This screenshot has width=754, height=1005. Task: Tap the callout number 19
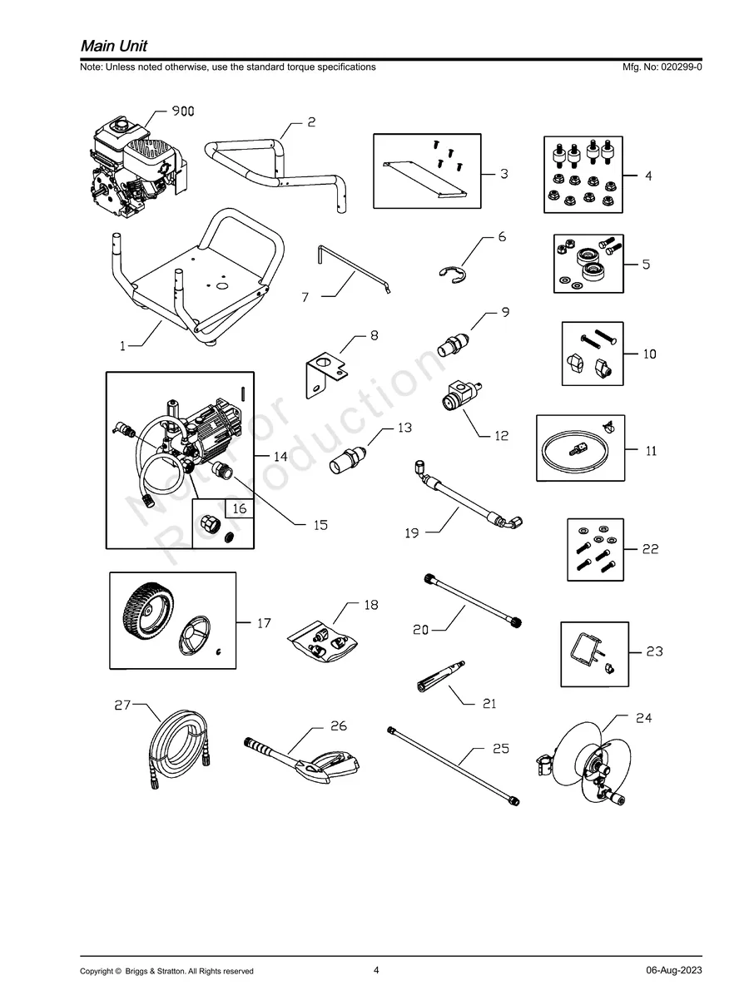pyautogui.click(x=412, y=533)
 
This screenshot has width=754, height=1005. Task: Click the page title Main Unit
pyautogui.click(x=114, y=46)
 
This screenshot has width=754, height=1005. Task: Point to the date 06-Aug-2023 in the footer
pyautogui.click(x=673, y=971)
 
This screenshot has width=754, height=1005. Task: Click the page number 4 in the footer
pyautogui.click(x=376, y=970)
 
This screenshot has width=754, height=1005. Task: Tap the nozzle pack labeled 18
pyautogui.click(x=325, y=645)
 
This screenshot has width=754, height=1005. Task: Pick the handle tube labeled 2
pyautogui.click(x=275, y=166)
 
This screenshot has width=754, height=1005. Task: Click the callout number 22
pyautogui.click(x=650, y=549)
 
